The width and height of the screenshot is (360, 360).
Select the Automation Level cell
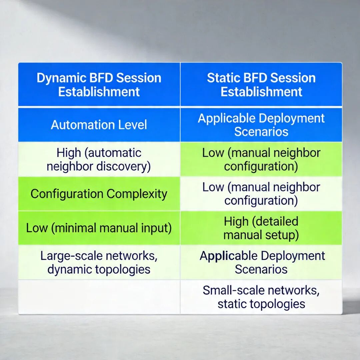click(99, 125)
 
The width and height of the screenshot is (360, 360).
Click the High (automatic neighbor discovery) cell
click(99, 159)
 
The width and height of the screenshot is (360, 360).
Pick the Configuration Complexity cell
click(99, 194)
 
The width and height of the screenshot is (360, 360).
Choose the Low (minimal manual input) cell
click(99, 228)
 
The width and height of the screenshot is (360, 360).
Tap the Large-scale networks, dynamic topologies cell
click(99, 263)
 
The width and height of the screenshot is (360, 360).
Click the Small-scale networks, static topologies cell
click(261, 297)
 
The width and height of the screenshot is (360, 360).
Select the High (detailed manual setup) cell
click(261, 228)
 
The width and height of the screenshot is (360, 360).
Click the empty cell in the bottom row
click(99, 297)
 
